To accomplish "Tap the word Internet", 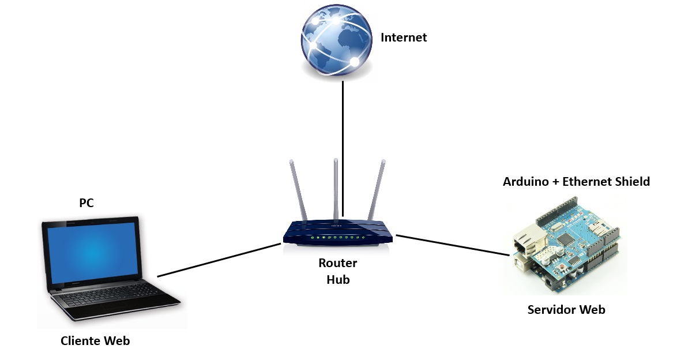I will pos(404,38).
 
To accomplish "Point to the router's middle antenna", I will pos(336,185).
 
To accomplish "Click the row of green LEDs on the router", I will pos(337,238).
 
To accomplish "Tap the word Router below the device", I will pos(338,264).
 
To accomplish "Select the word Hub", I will pos(338,280).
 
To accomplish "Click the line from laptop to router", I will pos(219,260).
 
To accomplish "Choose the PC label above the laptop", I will pos(86,203).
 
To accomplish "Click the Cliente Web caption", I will pos(95,341).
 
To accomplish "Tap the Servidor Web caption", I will pos(566,310).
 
